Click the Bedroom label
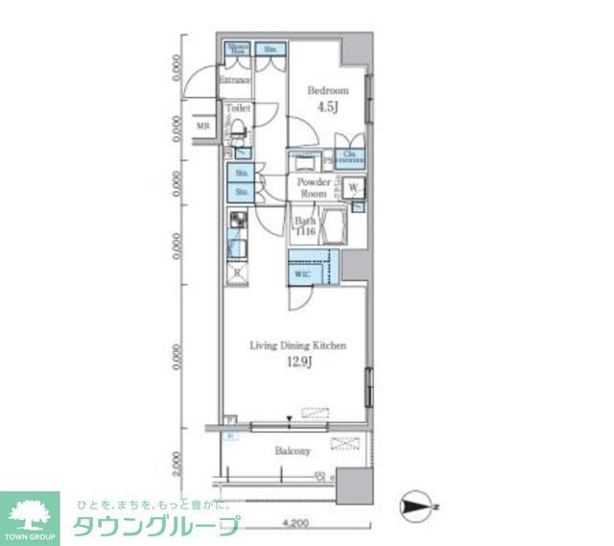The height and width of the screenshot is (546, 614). coord(327,90)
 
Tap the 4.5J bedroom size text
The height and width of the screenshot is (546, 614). coord(327,107)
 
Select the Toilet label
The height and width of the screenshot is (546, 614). coord(238,109)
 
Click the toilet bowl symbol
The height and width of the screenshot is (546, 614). coord(239,131)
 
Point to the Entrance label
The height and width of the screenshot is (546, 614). coord(235,81)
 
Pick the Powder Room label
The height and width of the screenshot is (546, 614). coord(314,187)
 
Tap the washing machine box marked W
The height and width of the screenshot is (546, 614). coord(353,187)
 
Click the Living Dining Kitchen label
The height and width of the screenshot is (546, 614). coord(297,345)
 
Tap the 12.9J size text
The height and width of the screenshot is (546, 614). coord(297,363)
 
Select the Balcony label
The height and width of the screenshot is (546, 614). coord(292,451)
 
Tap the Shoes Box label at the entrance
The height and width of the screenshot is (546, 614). coord(237,49)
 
